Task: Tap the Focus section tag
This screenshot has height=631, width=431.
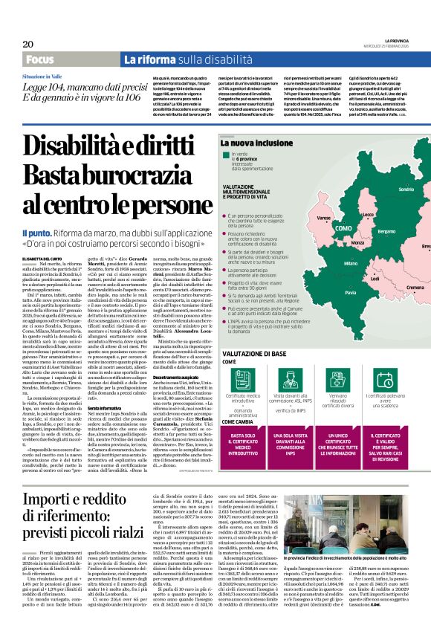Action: [x=39, y=59]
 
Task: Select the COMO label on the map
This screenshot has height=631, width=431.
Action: [x=343, y=227]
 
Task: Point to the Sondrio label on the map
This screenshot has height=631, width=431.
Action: [x=406, y=190]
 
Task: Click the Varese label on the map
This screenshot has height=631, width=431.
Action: [x=323, y=218]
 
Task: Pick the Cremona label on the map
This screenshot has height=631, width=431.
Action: [x=415, y=287]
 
